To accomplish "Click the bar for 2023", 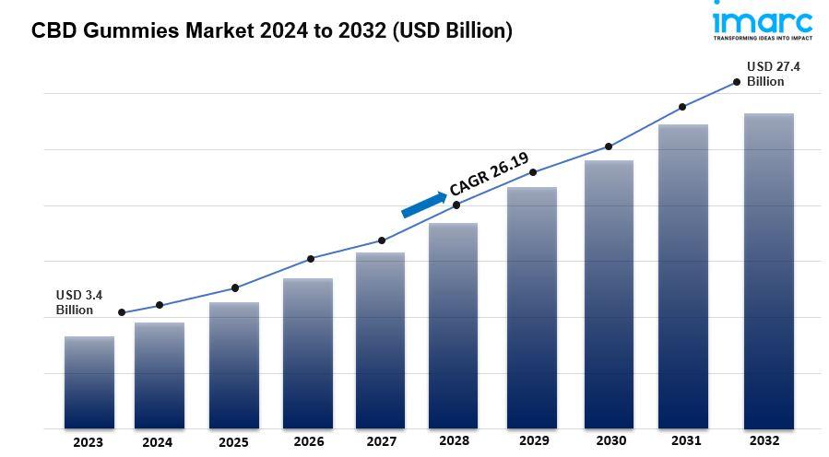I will [x=89, y=382].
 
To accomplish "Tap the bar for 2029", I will [x=532, y=308].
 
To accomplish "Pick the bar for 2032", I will [x=769, y=271].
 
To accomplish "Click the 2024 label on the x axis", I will [x=157, y=442].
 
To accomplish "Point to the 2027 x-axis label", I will [x=381, y=441].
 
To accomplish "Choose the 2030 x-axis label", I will [x=609, y=441].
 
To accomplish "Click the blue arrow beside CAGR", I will [x=423, y=204].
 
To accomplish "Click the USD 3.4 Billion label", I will [x=78, y=302].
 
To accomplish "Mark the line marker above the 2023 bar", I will [x=122, y=312].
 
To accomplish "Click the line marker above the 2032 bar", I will [x=736, y=82].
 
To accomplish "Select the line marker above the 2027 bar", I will [x=381, y=240].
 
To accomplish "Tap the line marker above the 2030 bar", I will [x=609, y=146].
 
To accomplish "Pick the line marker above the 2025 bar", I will [x=235, y=287].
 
